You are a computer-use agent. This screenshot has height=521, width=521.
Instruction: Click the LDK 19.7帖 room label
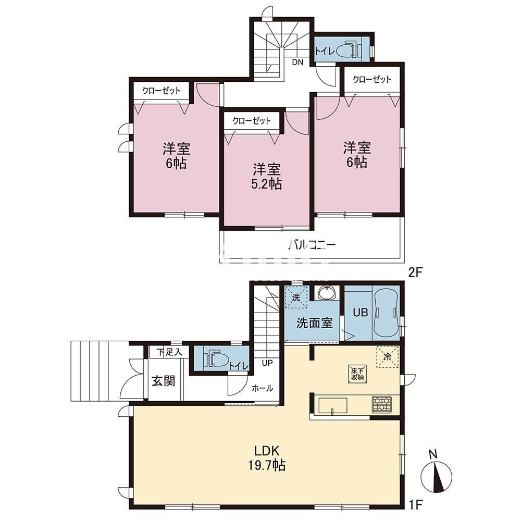pyautogui.click(x=266, y=458)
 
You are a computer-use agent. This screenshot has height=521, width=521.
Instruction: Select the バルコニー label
pyautogui.click(x=312, y=245)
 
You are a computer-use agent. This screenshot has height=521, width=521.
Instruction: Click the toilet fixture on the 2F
pyautogui.click(x=349, y=51)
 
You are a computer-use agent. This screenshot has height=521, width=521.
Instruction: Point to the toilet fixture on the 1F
pyautogui.click(x=216, y=359)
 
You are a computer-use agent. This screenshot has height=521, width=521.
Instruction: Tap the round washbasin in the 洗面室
pyautogui.click(x=328, y=293)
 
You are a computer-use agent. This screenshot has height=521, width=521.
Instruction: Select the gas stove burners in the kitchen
pyautogui.click(x=382, y=404)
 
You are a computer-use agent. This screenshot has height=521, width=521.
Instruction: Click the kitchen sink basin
pyautogui.click(x=333, y=406)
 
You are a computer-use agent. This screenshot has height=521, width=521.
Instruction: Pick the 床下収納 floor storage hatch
pyautogui.click(x=357, y=374)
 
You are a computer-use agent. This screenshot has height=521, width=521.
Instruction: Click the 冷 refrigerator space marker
pyautogui.click(x=387, y=357)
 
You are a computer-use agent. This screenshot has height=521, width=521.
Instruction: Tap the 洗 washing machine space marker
pyautogui.click(x=296, y=297)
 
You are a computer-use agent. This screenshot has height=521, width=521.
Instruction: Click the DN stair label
pyautogui.click(x=297, y=62)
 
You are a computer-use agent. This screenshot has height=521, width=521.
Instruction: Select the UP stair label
pyautogui.click(x=267, y=363)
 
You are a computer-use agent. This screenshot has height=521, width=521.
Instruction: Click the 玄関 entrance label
pyautogui.click(x=164, y=381)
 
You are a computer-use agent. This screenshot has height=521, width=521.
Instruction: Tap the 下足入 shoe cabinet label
pyautogui.click(x=169, y=352)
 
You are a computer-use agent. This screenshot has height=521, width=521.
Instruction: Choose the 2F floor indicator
pyautogui.click(x=416, y=272)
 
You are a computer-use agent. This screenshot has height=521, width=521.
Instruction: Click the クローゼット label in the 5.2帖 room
pyautogui.click(x=252, y=121)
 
